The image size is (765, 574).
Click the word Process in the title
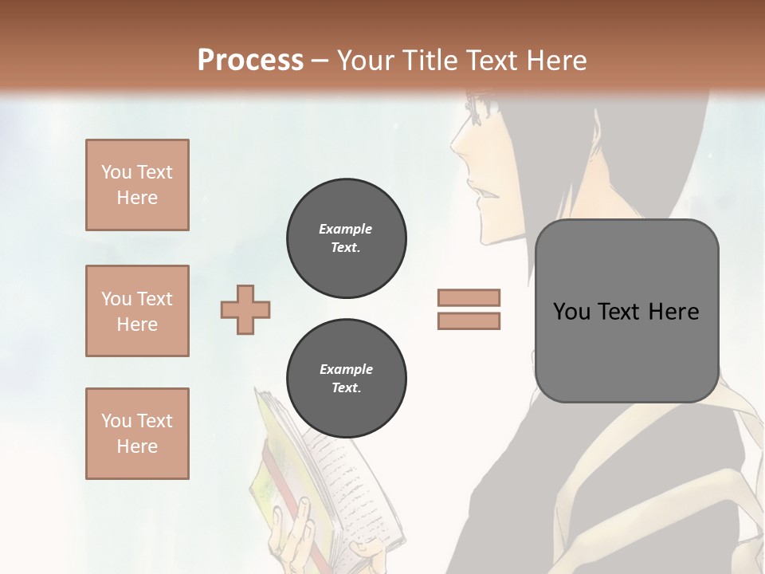point(250,60)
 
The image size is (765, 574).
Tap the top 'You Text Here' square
point(137,185)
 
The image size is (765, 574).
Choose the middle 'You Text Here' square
point(137,311)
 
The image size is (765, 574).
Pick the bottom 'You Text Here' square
point(137,433)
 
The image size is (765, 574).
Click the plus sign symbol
point(245,310)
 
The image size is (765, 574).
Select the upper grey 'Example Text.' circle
point(346,238)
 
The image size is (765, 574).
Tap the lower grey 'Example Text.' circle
point(346,378)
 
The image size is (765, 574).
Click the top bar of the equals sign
point(469,297)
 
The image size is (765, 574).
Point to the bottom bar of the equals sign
point(469,320)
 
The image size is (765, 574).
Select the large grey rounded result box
point(626,311)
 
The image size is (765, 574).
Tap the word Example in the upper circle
point(345,229)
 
